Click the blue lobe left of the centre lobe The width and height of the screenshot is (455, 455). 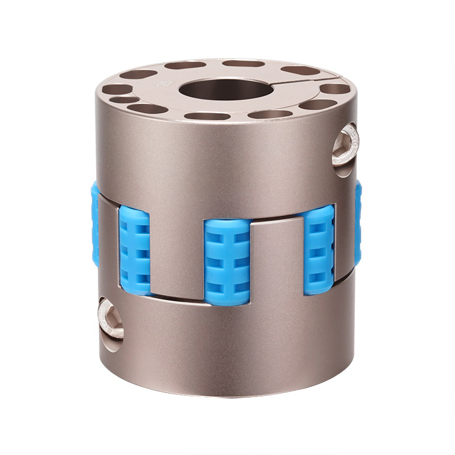134,251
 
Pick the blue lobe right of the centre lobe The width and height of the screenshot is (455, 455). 318,250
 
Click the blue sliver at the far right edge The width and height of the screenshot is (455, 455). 358,222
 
